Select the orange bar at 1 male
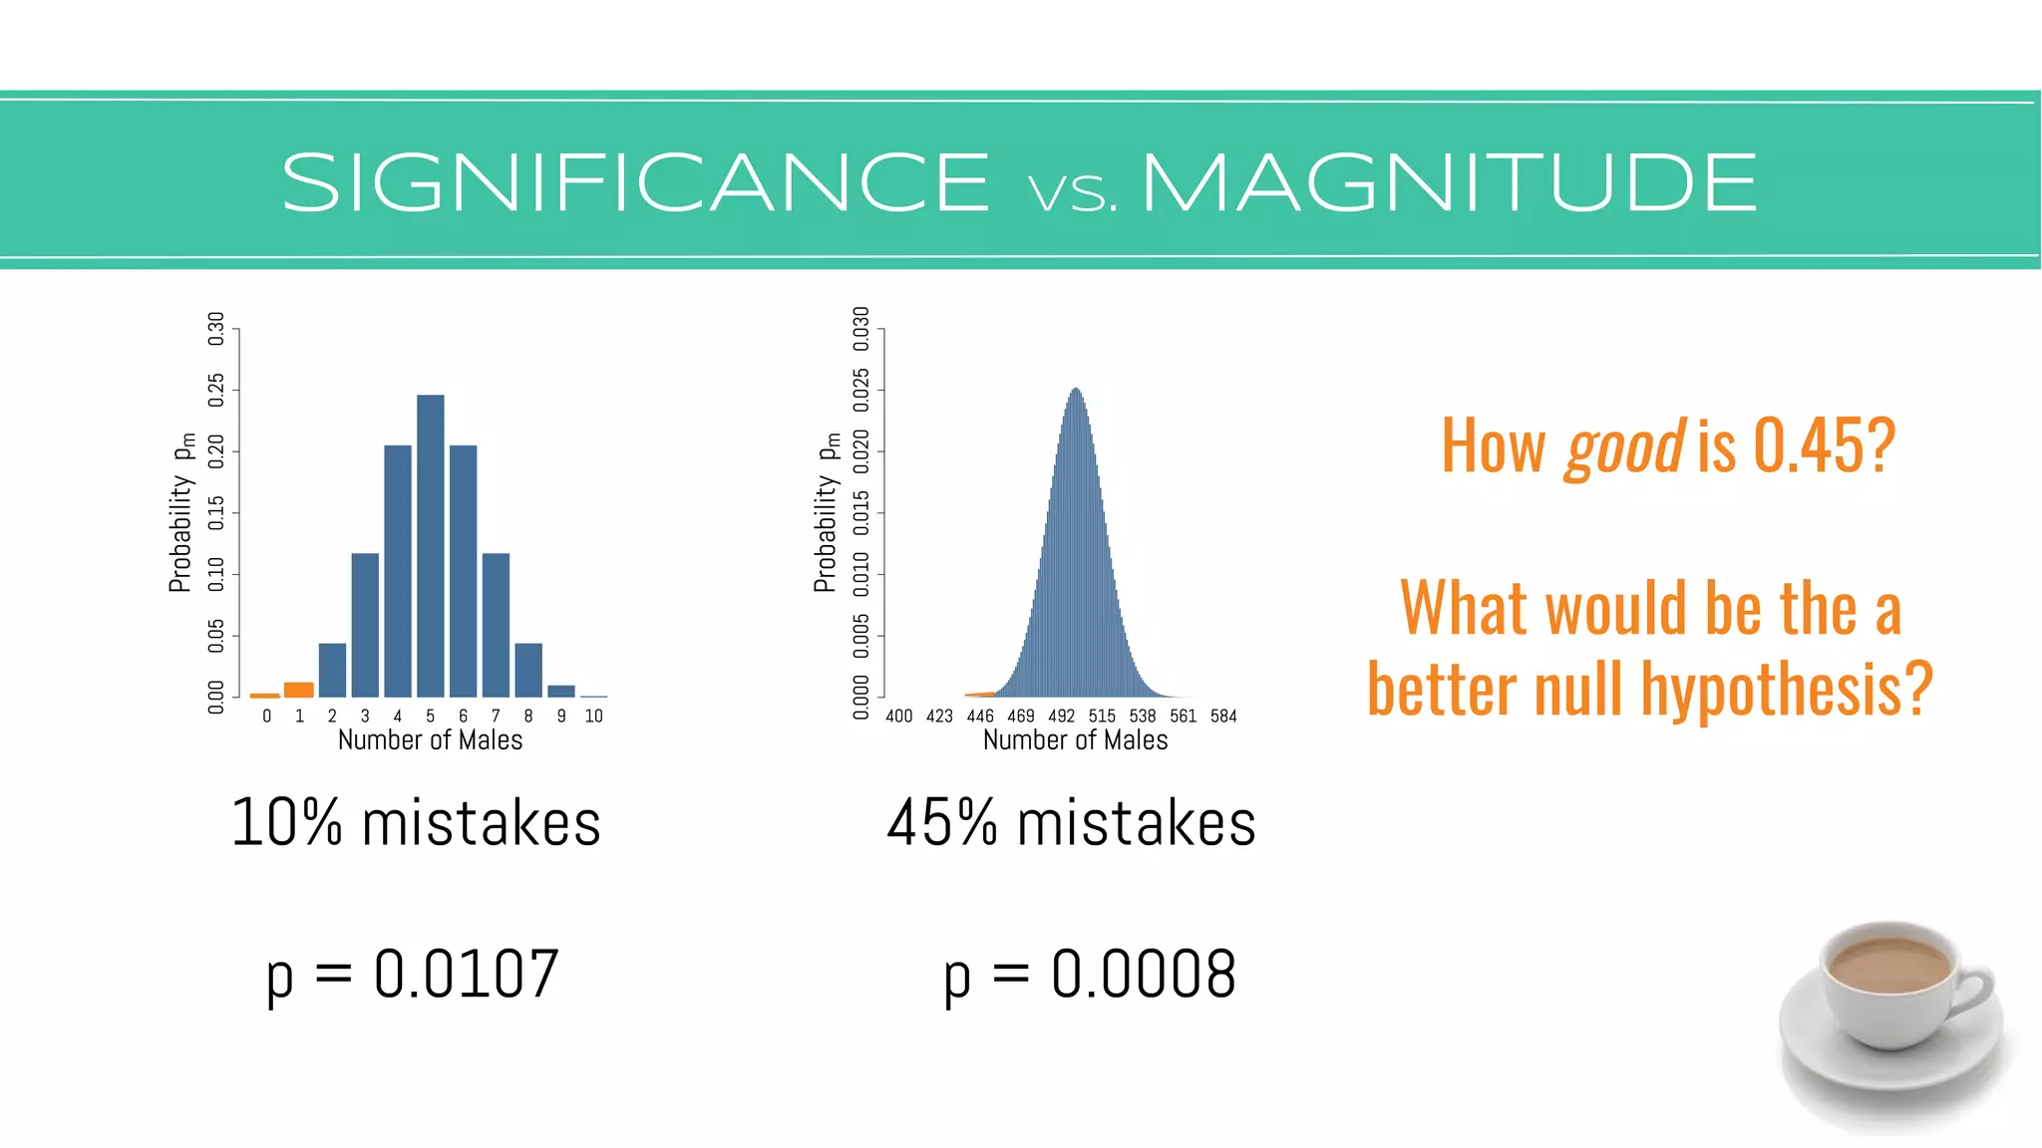[x=299, y=690]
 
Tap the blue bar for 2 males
[x=332, y=670]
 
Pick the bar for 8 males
[x=528, y=670]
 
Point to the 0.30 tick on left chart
[x=216, y=328]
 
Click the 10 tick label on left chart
[x=593, y=716]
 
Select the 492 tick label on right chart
[x=1061, y=716]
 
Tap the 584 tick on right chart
[x=1223, y=716]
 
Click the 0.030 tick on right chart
[x=861, y=328]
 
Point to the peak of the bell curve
[x=1076, y=391]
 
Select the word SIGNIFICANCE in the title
[x=636, y=183]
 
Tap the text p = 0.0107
[x=413, y=974]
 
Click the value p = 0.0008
[x=1090, y=974]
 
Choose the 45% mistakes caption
[x=1072, y=823]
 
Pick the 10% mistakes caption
[x=416, y=823]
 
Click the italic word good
[x=1625, y=447]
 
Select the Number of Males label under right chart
[x=1075, y=740]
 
